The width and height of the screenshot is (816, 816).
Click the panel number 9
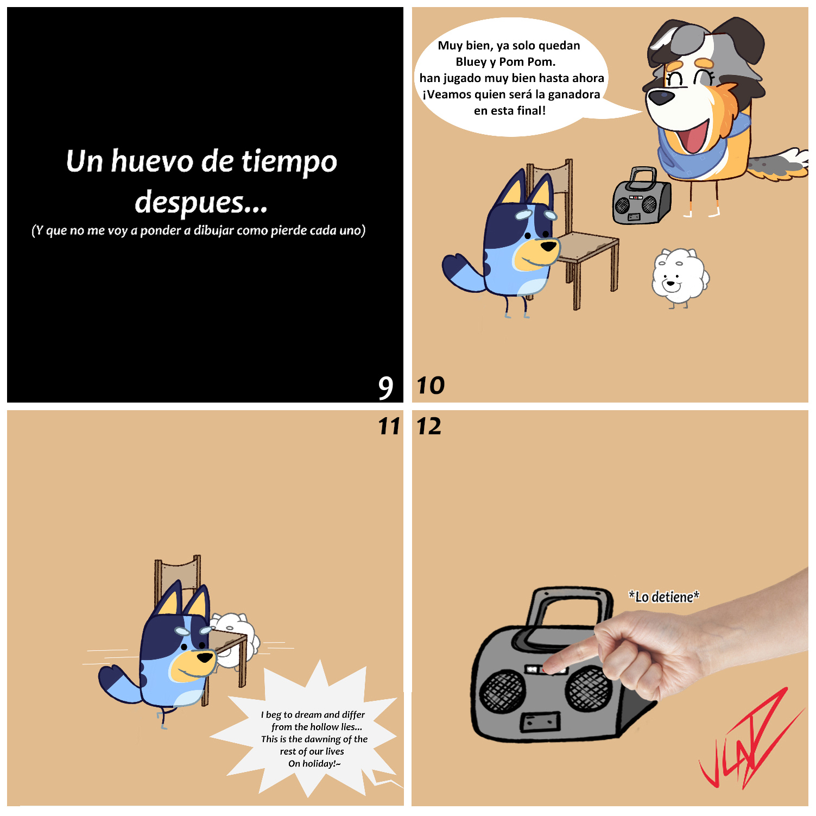coord(385,387)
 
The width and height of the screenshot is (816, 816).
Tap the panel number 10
coord(431,386)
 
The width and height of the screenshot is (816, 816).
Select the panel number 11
coord(389,426)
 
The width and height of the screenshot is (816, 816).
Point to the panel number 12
coord(429,426)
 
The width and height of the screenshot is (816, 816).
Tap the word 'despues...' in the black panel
coord(201,202)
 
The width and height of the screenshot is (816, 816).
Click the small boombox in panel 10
coord(641,197)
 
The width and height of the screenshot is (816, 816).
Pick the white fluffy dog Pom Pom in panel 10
coord(680,277)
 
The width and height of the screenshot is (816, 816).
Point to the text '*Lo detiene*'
coord(664,597)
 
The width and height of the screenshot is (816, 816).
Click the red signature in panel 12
coord(749,739)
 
